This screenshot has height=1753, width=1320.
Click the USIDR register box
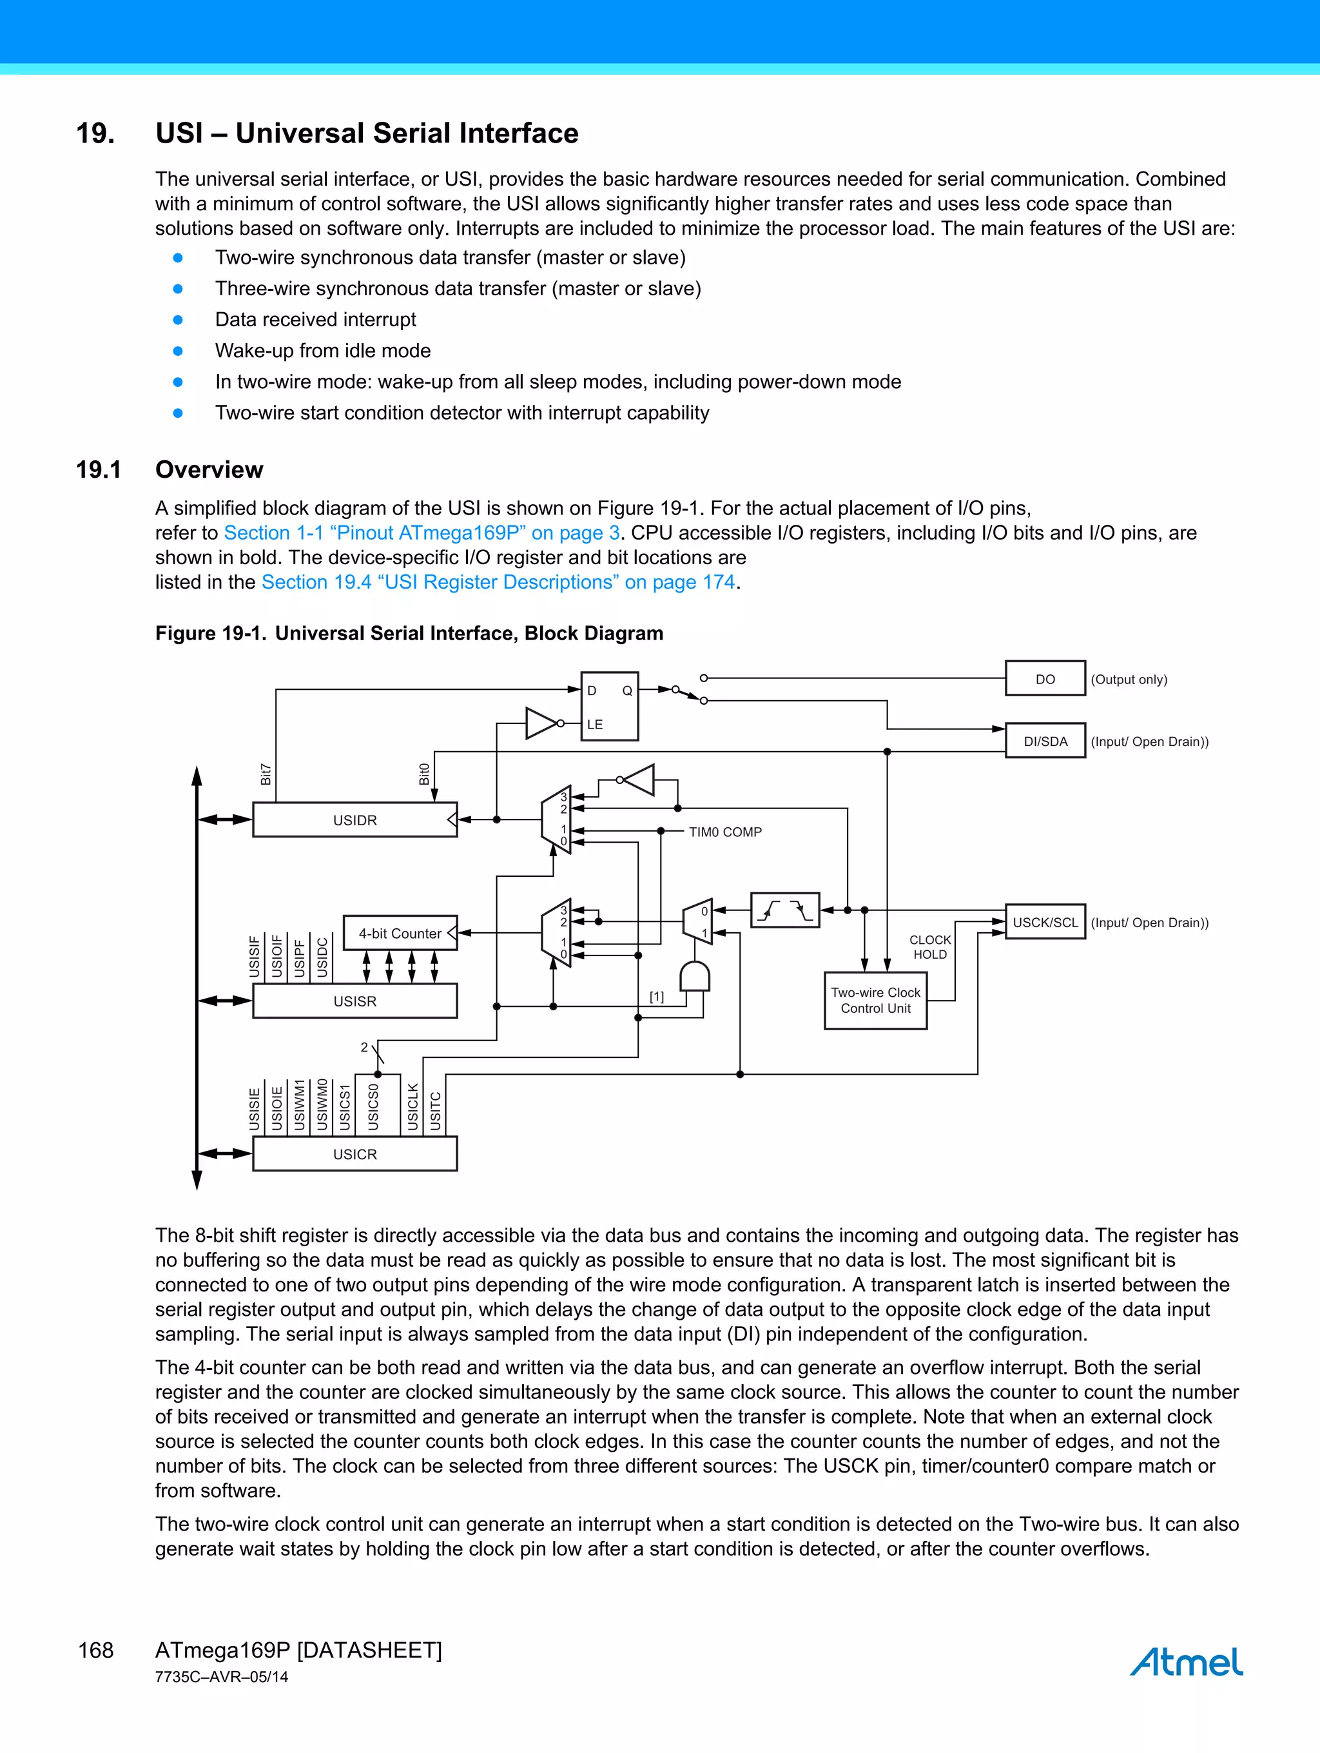click(354, 819)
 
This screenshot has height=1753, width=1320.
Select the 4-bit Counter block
click(400, 933)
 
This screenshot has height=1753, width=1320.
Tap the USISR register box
click(354, 1001)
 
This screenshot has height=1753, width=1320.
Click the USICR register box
click(354, 1154)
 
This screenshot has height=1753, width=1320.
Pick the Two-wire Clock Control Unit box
click(875, 1000)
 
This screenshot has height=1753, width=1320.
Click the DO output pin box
click(1045, 678)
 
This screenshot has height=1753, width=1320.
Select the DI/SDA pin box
click(1045, 741)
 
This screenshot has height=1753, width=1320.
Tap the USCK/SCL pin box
click(1045, 922)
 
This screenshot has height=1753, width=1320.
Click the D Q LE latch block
click(609, 706)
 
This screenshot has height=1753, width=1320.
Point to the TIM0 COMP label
click(725, 831)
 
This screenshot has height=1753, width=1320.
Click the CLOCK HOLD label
click(929, 947)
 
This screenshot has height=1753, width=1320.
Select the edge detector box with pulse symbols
click(784, 910)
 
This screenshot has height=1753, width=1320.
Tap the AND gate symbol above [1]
click(695, 976)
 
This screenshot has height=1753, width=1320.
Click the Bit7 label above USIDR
click(266, 774)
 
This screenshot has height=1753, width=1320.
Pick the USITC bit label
click(435, 1110)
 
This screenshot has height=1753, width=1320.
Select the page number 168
click(96, 1650)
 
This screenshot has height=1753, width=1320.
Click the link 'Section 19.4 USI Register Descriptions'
click(498, 582)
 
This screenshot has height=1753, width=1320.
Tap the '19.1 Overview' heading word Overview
click(209, 469)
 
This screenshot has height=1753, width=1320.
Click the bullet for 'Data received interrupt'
click(179, 319)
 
